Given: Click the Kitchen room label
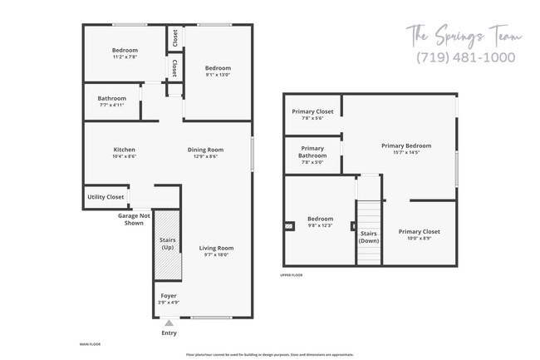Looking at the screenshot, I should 124,150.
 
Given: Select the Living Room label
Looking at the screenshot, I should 216,248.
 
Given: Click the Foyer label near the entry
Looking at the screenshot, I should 168,295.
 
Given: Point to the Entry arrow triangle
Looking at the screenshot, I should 169,323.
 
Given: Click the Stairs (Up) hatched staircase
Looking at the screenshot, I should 167,245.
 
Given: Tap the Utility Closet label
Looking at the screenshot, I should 106,197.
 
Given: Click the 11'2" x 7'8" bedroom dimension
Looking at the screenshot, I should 125,57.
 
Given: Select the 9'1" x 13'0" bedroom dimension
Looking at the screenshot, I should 218,75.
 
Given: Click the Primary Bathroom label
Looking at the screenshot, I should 312,151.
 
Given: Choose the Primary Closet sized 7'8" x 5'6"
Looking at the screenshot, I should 312,118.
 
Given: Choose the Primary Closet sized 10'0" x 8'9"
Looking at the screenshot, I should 419,239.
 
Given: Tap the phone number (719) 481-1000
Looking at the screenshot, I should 465,57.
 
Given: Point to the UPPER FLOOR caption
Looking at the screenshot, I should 291,274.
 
